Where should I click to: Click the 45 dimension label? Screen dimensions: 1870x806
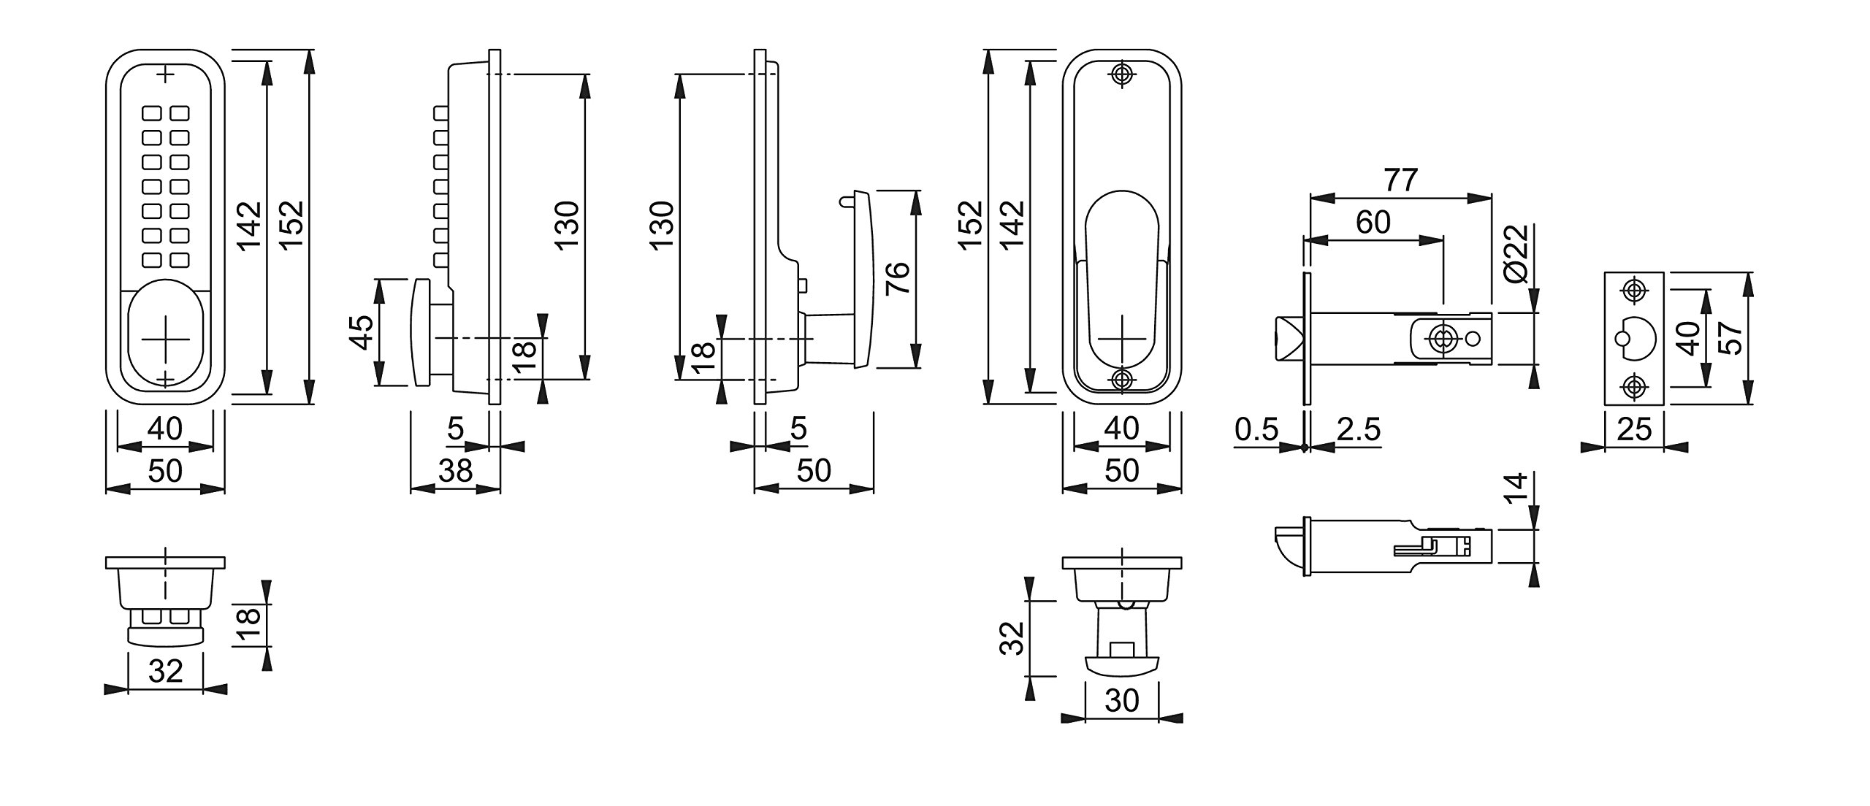click(x=364, y=332)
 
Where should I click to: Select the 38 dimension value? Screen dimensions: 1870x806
click(x=455, y=471)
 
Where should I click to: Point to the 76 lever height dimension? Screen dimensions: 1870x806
click(x=897, y=278)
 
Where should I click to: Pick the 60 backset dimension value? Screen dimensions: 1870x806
click(x=1373, y=222)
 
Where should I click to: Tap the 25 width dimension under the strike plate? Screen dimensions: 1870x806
click(x=1634, y=429)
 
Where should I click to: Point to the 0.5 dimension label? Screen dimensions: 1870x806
click(x=1257, y=430)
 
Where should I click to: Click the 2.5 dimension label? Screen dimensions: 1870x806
click(x=1359, y=430)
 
